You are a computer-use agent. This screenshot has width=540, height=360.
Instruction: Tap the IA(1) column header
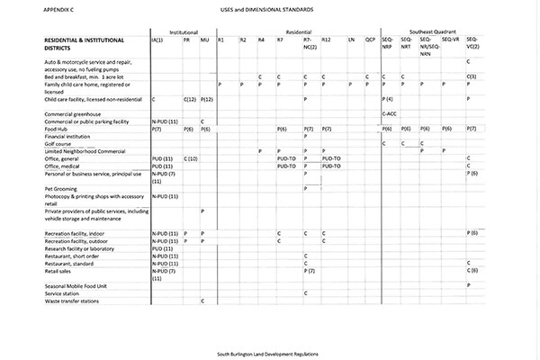coord(157,40)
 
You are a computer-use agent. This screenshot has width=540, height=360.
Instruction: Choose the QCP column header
coord(370,40)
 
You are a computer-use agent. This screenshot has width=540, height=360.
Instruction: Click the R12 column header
coord(327,40)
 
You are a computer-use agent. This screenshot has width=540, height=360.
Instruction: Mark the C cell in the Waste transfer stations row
coord(202,301)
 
